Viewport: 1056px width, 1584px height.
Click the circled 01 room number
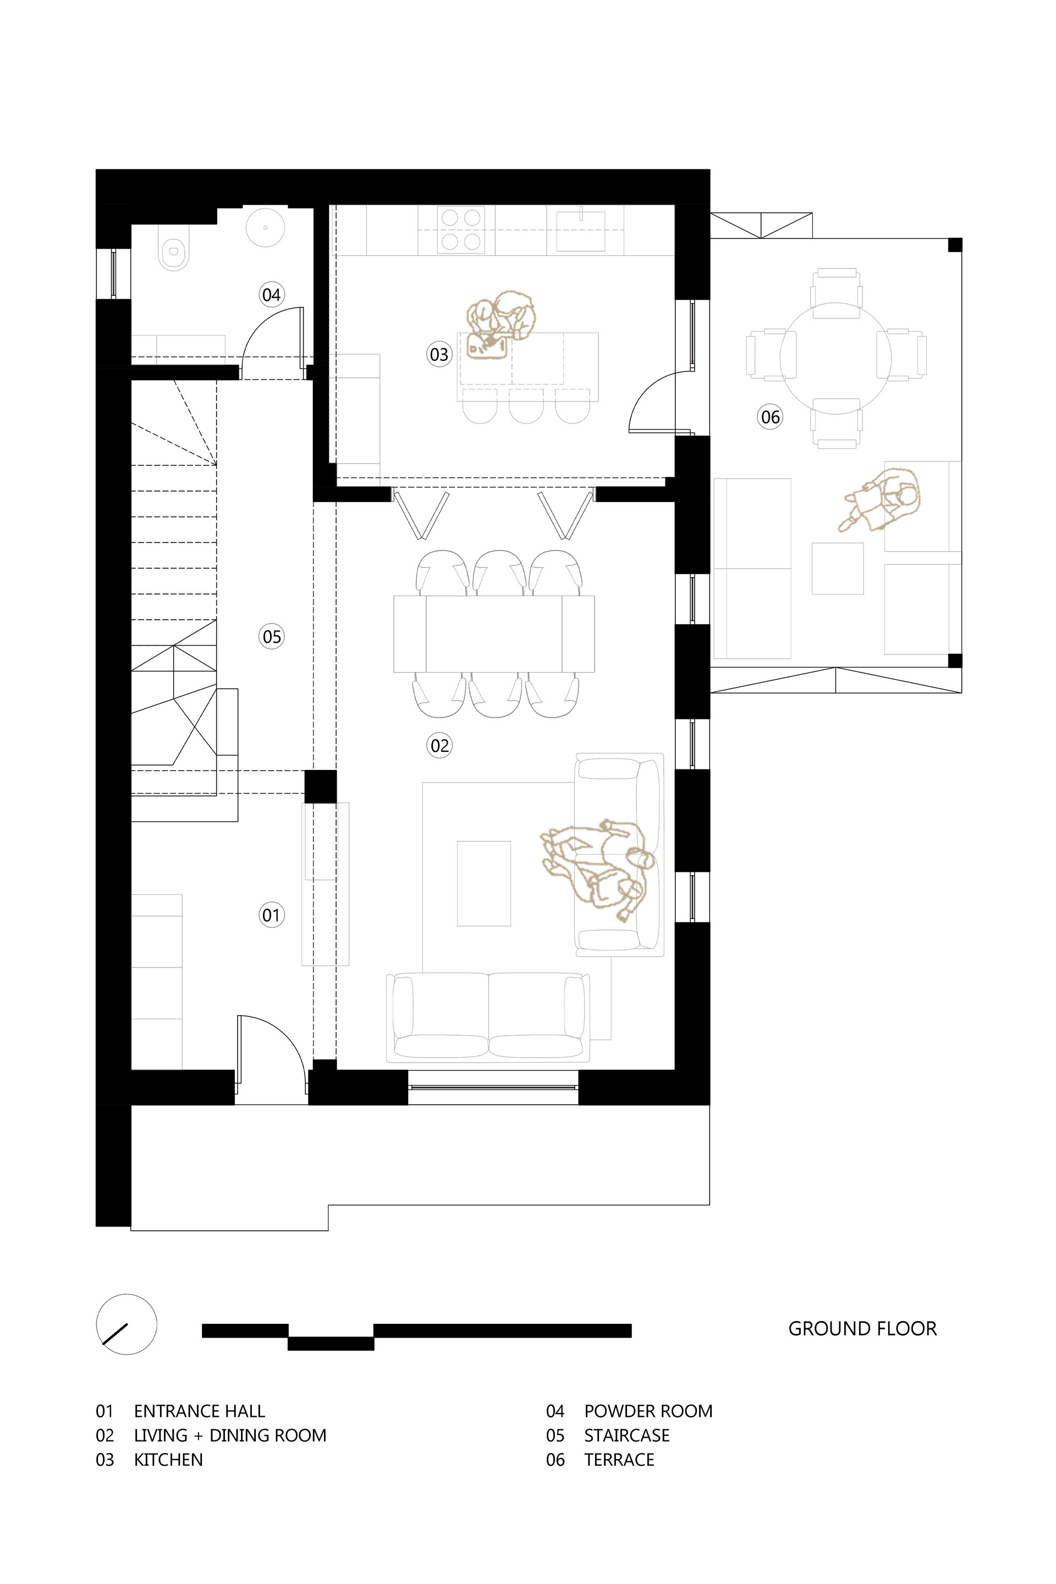point(271,915)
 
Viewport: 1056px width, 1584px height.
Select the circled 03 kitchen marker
point(439,354)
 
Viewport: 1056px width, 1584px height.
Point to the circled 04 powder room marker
point(271,294)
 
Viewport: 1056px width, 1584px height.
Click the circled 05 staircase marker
point(271,636)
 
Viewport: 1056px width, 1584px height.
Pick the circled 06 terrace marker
point(771,417)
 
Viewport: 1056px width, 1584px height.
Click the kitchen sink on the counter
point(581,230)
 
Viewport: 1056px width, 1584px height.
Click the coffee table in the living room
point(483,883)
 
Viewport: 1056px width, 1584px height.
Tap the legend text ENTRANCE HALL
point(199,1411)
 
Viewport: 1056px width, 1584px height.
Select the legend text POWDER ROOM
point(648,1411)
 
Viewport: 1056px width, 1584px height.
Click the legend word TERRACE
point(619,1459)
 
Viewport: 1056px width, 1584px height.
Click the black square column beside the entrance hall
point(320,787)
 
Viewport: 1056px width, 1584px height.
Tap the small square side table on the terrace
point(837,568)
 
